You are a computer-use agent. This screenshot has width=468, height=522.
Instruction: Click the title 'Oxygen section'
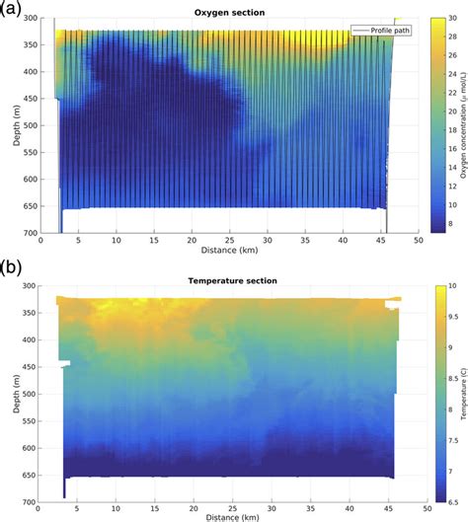click(228, 13)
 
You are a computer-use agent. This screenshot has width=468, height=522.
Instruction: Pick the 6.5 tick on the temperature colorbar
click(441, 499)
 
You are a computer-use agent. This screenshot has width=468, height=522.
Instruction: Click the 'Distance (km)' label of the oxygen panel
click(228, 249)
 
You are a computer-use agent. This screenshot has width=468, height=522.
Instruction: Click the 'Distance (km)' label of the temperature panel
click(228, 514)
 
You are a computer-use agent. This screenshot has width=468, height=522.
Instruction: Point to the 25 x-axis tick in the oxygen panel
click(229, 239)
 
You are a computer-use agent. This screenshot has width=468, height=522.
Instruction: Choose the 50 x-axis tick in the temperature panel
click(418, 506)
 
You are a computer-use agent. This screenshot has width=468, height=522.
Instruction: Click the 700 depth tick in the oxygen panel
click(27, 232)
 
